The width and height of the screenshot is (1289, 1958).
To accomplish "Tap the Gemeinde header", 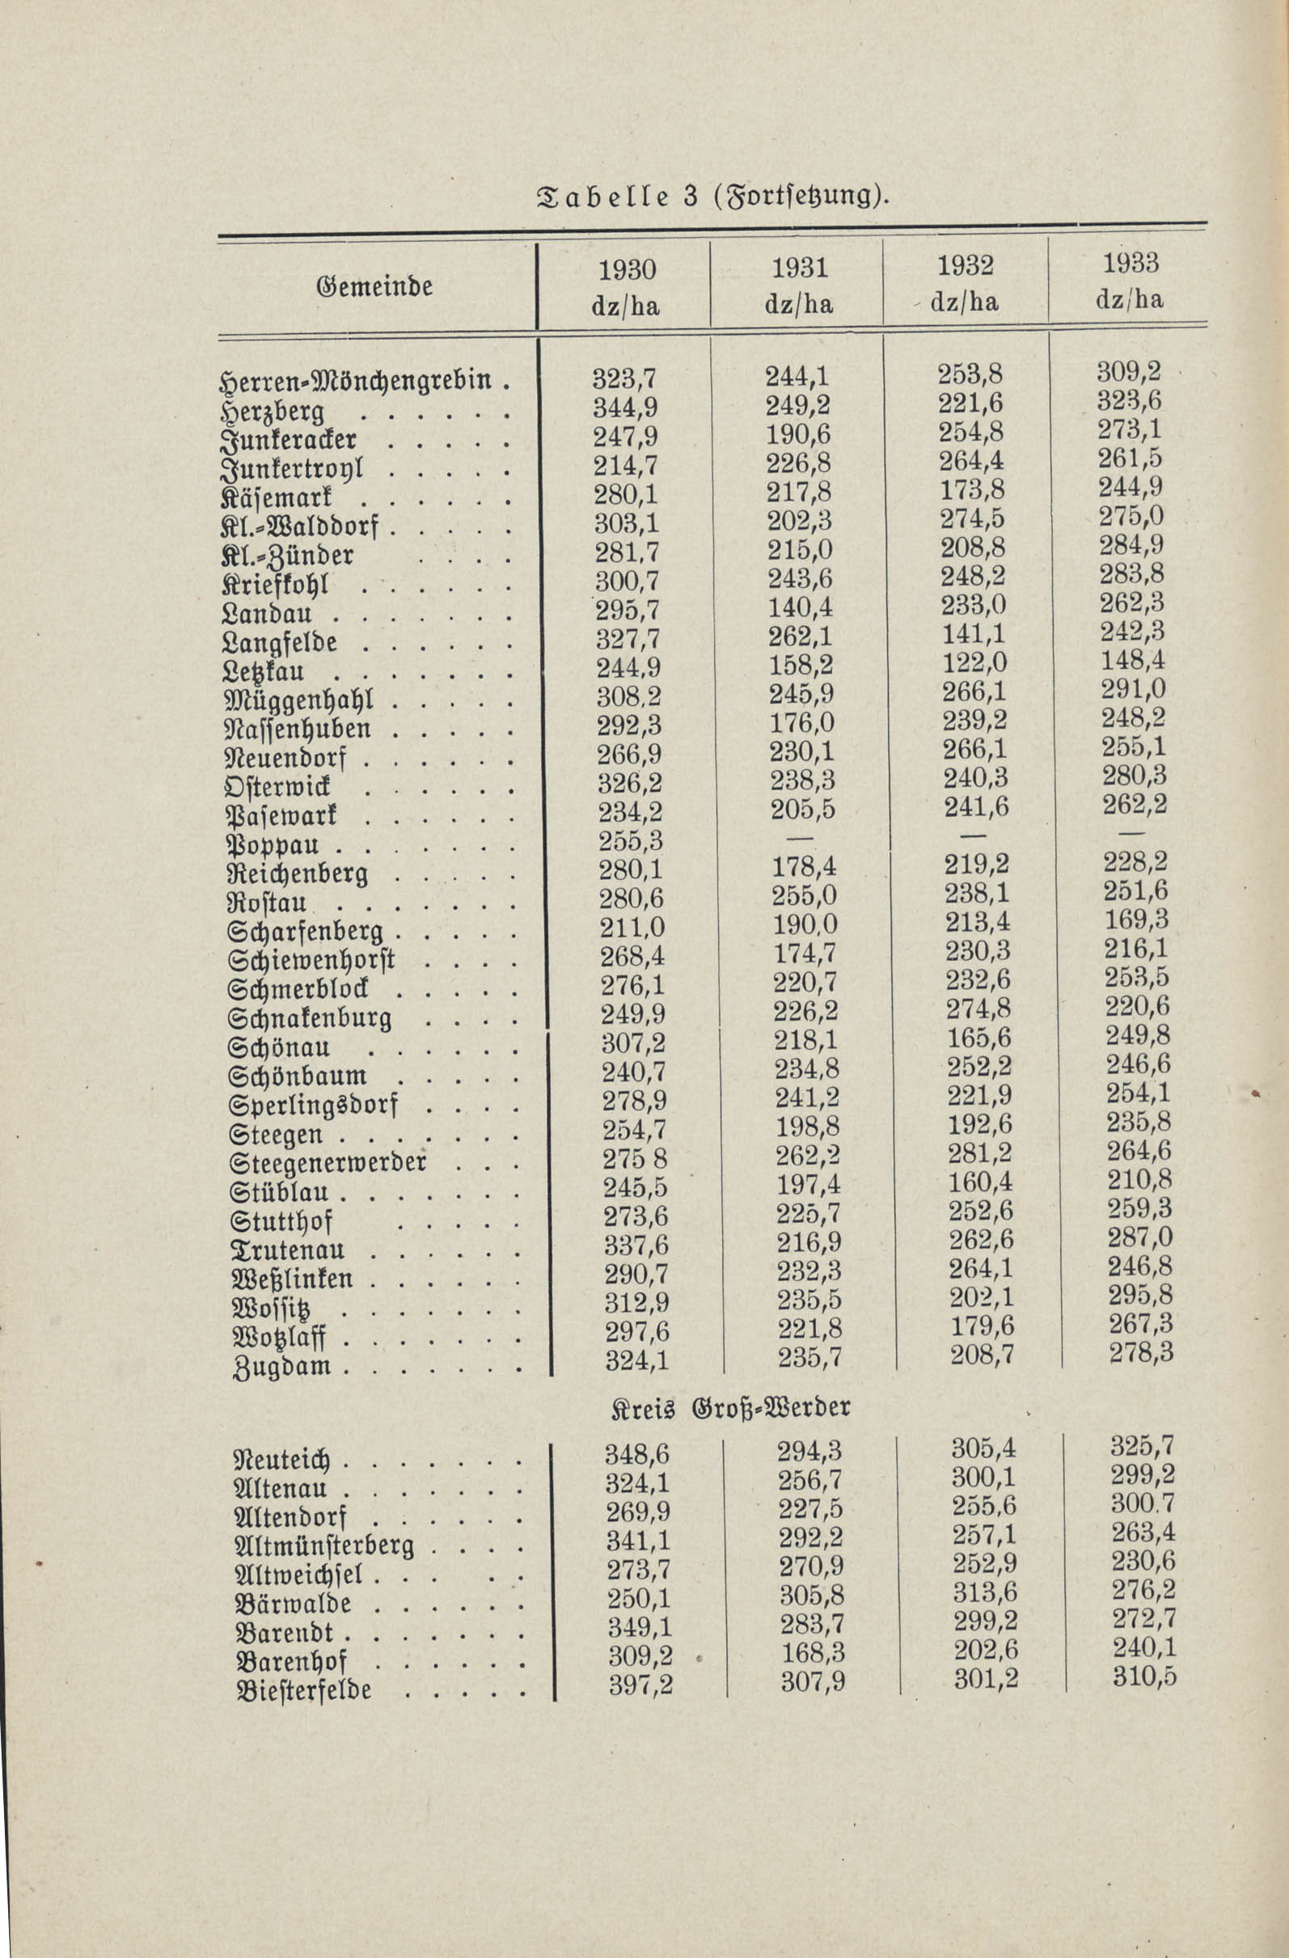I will pyautogui.click(x=374, y=287).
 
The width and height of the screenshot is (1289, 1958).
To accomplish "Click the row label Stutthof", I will pyautogui.click(x=281, y=1221).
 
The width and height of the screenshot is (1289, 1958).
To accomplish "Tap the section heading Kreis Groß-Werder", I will pyautogui.click(x=729, y=1407).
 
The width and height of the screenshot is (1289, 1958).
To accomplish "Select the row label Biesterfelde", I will pyautogui.click(x=303, y=1690).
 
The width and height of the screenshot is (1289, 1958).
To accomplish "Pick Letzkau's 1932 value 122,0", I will pyautogui.click(x=971, y=663).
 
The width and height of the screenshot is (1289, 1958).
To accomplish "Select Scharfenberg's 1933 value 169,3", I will pyautogui.click(x=1137, y=919).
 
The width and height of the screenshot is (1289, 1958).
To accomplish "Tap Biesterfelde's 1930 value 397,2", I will pyautogui.click(x=640, y=1684).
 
